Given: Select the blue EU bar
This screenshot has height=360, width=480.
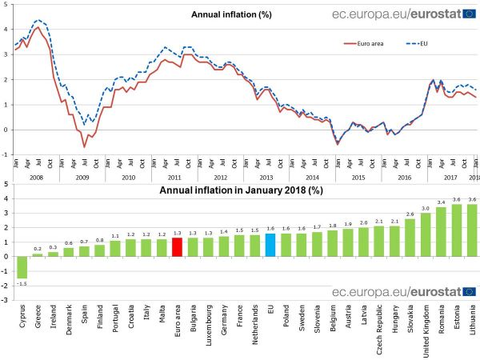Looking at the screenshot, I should pos(270,245).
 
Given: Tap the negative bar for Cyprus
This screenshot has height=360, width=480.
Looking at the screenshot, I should pos(22,267).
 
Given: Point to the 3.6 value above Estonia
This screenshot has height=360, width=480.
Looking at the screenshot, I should pos(457,198).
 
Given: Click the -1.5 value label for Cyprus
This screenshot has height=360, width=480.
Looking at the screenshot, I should pos(22,283).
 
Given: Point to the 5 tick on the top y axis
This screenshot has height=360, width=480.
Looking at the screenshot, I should pos(6,6).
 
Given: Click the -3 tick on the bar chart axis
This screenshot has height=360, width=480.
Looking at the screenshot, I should pos(6,301).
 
